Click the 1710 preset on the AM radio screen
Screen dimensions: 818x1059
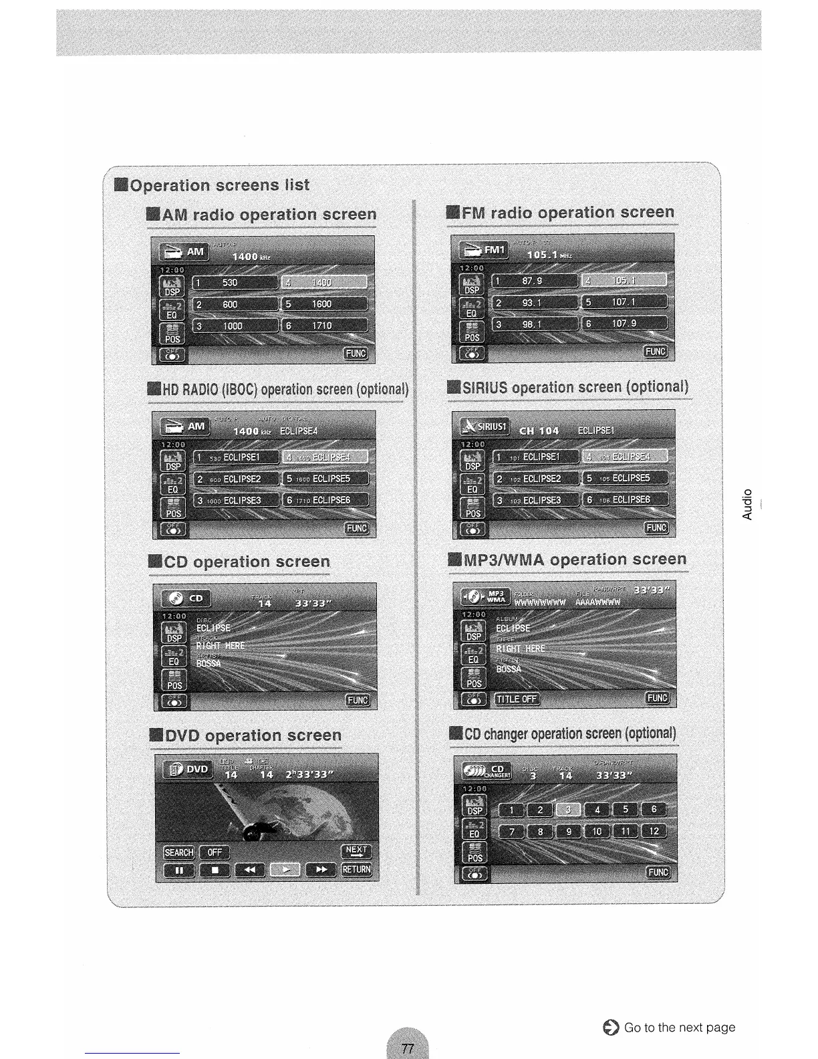(x=325, y=326)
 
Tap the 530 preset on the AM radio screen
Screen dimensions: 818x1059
(x=235, y=283)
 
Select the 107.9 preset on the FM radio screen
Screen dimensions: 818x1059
(x=624, y=324)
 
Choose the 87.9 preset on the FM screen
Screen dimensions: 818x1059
(x=535, y=281)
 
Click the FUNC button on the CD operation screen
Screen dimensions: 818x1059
(x=357, y=700)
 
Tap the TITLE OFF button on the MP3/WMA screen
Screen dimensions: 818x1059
(x=517, y=699)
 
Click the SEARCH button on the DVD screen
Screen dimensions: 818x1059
(x=179, y=852)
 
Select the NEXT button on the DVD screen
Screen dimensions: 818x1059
(x=356, y=850)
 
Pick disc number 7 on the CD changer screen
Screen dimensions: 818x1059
(x=512, y=832)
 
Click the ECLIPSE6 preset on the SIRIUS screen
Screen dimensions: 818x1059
(x=626, y=499)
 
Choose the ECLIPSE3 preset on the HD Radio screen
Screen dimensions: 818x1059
(x=235, y=501)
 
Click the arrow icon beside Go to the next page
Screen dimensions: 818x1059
(x=610, y=1028)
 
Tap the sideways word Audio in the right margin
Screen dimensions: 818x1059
(x=747, y=505)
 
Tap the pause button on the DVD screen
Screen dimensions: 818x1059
(x=179, y=870)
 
